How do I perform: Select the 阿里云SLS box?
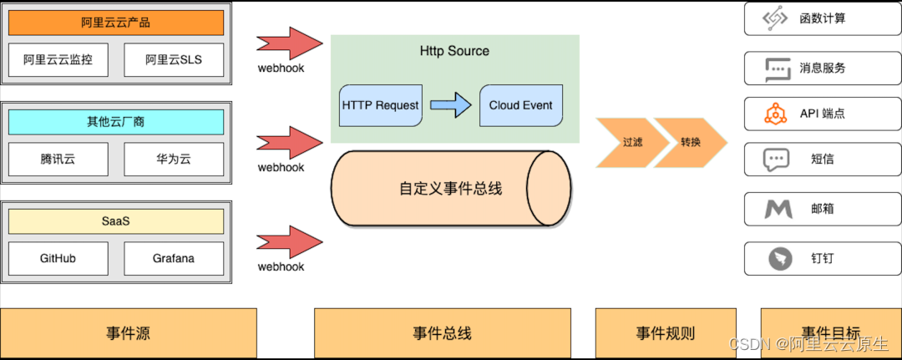click(x=174, y=59)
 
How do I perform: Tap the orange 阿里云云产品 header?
click(x=116, y=23)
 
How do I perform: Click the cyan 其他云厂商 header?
click(x=116, y=122)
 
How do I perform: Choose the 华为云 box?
click(x=174, y=159)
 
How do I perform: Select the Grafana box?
click(x=174, y=258)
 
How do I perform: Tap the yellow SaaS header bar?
click(x=116, y=221)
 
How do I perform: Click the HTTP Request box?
click(x=380, y=105)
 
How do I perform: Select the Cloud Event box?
click(x=520, y=105)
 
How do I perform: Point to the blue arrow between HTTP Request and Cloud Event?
click(x=450, y=105)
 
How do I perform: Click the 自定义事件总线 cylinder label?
click(x=450, y=189)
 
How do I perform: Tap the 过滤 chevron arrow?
click(x=632, y=142)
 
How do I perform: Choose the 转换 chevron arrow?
click(x=691, y=142)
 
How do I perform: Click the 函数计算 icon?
click(x=777, y=19)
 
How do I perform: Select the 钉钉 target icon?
click(x=777, y=258)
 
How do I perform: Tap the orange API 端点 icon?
click(x=777, y=113)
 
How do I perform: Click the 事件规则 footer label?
click(x=665, y=333)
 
